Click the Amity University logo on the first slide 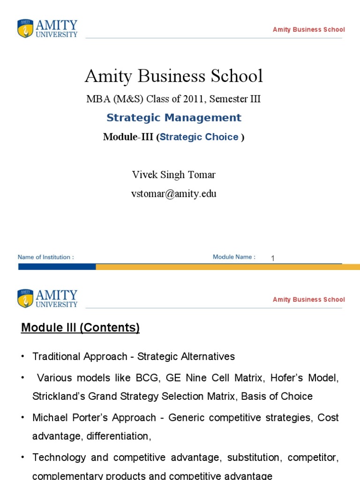(47, 28)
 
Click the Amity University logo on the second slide (47, 298)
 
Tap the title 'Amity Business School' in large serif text (173, 76)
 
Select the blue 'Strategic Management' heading (173, 118)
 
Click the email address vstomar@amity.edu (173, 194)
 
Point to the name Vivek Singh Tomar (173, 175)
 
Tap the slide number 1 (272, 258)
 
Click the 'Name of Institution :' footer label (45, 257)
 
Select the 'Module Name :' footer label (234, 257)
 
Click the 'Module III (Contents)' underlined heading (80, 328)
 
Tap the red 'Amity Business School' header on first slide (308, 30)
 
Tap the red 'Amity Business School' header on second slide (308, 300)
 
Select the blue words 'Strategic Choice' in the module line (199, 137)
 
